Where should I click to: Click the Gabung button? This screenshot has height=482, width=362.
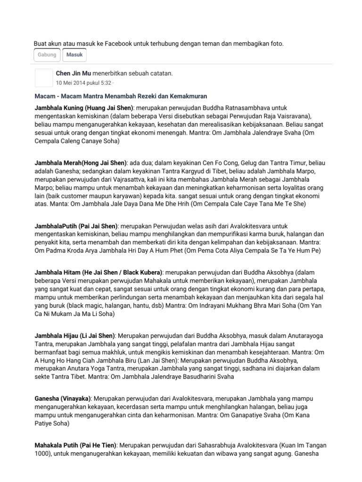pyautogui.click(x=47, y=55)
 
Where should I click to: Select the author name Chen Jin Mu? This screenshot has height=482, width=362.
pyautogui.click(x=74, y=73)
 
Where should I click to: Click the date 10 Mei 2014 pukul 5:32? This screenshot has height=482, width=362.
pyautogui.click(x=83, y=83)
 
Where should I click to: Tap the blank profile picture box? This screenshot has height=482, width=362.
pyautogui.click(x=44, y=78)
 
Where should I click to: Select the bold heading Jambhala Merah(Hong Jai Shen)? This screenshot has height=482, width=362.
pyautogui.click(x=81, y=162)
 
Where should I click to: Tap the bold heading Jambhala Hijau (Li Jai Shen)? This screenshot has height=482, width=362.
pyautogui.click(x=75, y=336)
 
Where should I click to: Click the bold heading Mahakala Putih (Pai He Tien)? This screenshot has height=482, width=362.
pyautogui.click(x=76, y=445)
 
